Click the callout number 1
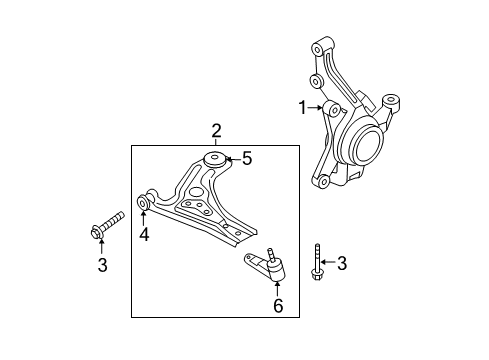(x=302, y=108)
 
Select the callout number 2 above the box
(x=216, y=131)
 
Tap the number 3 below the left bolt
(x=102, y=265)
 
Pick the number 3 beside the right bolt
(x=342, y=263)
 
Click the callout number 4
(x=144, y=234)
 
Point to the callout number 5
(x=247, y=158)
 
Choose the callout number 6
(x=278, y=305)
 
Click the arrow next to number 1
(x=315, y=108)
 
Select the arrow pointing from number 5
(x=233, y=159)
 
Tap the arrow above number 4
(x=143, y=218)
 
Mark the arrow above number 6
(x=277, y=289)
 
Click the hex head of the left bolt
(x=97, y=233)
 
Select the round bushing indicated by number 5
(x=214, y=158)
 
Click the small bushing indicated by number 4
(x=143, y=203)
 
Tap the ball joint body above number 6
(x=277, y=271)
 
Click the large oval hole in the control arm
(x=196, y=192)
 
